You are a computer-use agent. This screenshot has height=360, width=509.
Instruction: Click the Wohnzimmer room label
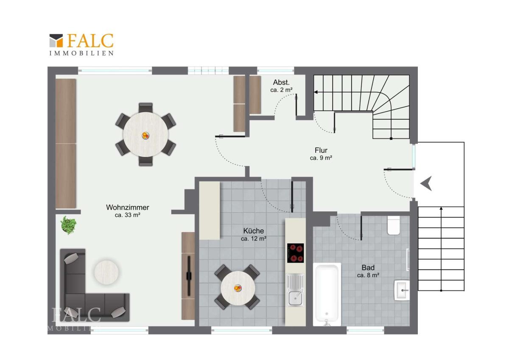pyautogui.click(x=128, y=208)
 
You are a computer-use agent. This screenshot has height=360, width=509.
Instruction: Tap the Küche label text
pyautogui.click(x=254, y=231)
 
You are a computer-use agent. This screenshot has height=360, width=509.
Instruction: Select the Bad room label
pyautogui.click(x=368, y=268)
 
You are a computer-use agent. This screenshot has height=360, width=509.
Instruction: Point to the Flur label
pyautogui.click(x=321, y=150)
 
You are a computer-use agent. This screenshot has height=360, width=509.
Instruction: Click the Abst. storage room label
pyautogui.click(x=281, y=82)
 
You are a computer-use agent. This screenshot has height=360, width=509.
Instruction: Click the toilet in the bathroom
pyautogui.click(x=394, y=225)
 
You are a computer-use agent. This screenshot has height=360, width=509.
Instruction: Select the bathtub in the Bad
pyautogui.click(x=327, y=295)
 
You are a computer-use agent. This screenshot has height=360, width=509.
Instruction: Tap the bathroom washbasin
pyautogui.click(x=402, y=290)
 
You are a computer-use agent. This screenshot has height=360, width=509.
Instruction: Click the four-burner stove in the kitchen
pyautogui.click(x=295, y=253)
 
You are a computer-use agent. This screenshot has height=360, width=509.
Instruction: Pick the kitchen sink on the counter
pyautogui.click(x=295, y=290)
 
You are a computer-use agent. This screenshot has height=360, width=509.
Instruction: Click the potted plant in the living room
pyautogui.click(x=68, y=225)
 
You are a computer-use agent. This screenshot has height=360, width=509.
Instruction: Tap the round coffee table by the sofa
pyautogui.click(x=106, y=272)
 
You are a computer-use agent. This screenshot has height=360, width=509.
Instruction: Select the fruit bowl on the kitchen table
pyautogui.click(x=238, y=288)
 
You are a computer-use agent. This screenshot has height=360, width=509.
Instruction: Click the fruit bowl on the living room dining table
pyautogui.click(x=145, y=136)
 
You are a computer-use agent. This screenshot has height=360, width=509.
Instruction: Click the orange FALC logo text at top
pyautogui.click(x=90, y=41)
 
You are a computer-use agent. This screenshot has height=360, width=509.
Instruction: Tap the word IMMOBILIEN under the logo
pyautogui.click(x=81, y=53)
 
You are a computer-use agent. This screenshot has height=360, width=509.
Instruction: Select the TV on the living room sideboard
pyautogui.click(x=189, y=276)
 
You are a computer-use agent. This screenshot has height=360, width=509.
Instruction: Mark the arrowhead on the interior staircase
pyautogui.click(x=316, y=92)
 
